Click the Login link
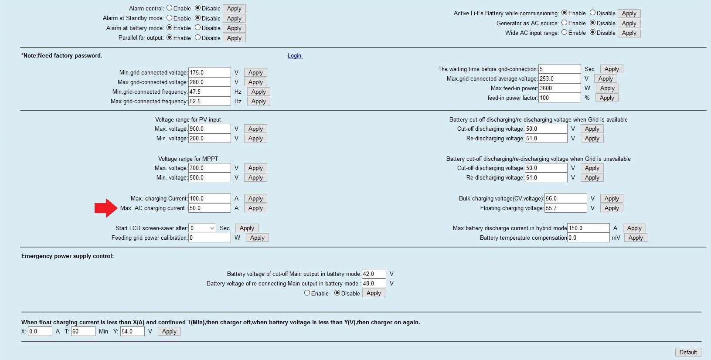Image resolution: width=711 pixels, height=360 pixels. (294, 56)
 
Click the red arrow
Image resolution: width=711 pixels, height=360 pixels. (106, 208)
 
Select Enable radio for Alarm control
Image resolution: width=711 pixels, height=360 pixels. (170, 8)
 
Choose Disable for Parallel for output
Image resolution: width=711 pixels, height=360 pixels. (198, 37)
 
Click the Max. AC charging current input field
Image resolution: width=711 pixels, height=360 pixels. (209, 208)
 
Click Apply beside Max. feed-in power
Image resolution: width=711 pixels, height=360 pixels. (607, 88)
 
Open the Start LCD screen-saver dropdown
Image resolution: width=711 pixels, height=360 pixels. (202, 228)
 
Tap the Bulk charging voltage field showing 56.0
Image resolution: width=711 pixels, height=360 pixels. (565, 198)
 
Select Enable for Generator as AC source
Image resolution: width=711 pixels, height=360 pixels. (565, 23)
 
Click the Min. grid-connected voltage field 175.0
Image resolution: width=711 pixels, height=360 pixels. (209, 73)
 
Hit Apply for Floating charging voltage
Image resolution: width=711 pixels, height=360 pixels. (611, 208)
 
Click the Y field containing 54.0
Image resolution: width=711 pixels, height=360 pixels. (133, 331)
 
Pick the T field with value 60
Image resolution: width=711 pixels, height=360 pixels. (83, 331)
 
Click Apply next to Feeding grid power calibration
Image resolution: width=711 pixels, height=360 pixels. (257, 238)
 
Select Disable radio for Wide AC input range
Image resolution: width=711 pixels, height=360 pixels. (593, 32)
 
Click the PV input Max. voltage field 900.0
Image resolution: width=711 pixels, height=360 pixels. (209, 129)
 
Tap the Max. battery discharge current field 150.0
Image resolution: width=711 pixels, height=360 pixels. (588, 228)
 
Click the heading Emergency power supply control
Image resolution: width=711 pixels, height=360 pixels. (68, 256)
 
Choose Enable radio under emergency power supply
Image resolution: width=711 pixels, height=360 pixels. (307, 293)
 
